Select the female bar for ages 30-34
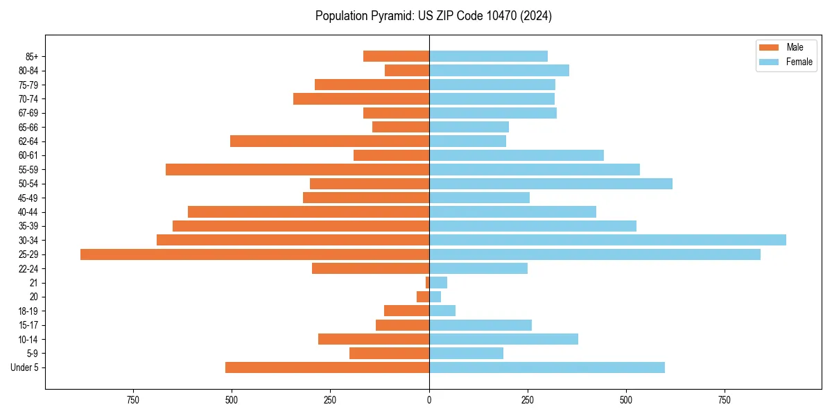point(607,240)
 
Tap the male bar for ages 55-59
point(297,169)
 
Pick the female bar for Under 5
point(546,367)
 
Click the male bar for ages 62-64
point(329,141)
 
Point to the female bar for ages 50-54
point(551,184)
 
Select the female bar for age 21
point(438,282)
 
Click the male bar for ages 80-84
point(407,70)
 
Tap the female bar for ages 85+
point(488,56)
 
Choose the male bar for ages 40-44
point(309,211)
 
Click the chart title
point(433,16)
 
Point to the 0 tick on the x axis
point(429,400)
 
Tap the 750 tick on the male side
point(133,400)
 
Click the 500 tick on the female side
point(626,400)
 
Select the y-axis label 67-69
point(28,113)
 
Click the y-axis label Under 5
point(24,367)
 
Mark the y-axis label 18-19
point(28,311)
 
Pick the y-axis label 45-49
point(28,198)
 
